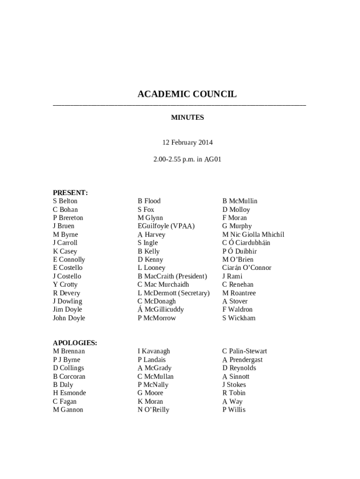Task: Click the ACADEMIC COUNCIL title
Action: click(x=187, y=94)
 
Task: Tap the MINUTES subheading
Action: click(x=187, y=117)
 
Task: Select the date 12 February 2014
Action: click(x=187, y=142)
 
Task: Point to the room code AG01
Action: click(x=213, y=159)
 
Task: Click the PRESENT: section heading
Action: click(x=70, y=193)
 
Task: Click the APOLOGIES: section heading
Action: click(x=75, y=343)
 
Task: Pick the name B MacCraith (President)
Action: click(x=172, y=276)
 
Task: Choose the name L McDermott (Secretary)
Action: click(x=173, y=293)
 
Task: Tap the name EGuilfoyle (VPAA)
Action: click(x=166, y=226)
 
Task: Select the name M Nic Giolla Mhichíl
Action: click(x=253, y=234)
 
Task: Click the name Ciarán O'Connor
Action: click(x=246, y=268)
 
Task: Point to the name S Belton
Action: click(x=65, y=201)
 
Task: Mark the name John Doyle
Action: click(x=69, y=318)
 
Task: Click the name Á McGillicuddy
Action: click(x=160, y=310)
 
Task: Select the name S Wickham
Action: click(x=238, y=318)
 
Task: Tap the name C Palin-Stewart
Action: click(x=245, y=351)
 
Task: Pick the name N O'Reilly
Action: click(x=153, y=410)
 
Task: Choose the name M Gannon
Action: click(x=68, y=410)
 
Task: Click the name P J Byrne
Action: click(x=66, y=360)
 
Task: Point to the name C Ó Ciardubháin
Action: click(x=246, y=243)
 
